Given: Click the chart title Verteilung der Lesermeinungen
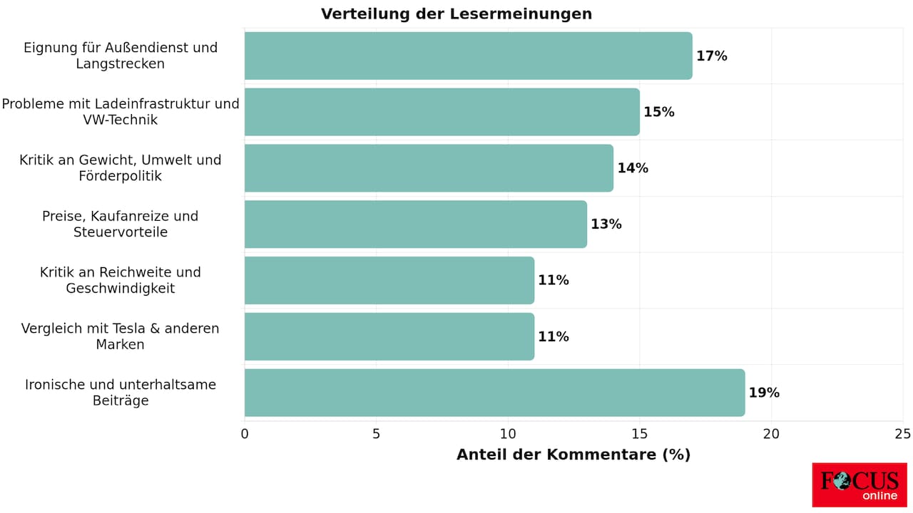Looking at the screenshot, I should pyautogui.click(x=456, y=14).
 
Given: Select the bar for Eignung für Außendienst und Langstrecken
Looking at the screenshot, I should pyautogui.click(x=468, y=56).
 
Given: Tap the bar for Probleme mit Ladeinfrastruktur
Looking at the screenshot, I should pyautogui.click(x=442, y=112).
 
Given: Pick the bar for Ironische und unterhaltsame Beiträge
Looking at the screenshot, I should pyautogui.click(x=494, y=393).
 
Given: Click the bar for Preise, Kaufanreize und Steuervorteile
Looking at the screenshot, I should pyautogui.click(x=415, y=224).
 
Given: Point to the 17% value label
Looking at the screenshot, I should pyautogui.click(x=712, y=56).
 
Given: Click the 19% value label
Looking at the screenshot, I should pyautogui.click(x=764, y=393).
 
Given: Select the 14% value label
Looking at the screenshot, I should pyautogui.click(x=633, y=169).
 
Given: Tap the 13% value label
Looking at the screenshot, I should pyautogui.click(x=606, y=224).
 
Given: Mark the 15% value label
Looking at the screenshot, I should pyautogui.click(x=659, y=113).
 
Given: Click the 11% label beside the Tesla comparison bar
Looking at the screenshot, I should pyautogui.click(x=554, y=337).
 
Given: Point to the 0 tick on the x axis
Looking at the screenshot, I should pyautogui.click(x=245, y=434).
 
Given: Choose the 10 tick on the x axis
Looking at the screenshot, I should pyautogui.click(x=508, y=434).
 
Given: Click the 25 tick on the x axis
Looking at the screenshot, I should pyautogui.click(x=903, y=434).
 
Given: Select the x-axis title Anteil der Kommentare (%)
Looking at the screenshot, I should pyautogui.click(x=573, y=455).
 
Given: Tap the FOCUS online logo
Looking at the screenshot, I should pyautogui.click(x=860, y=485).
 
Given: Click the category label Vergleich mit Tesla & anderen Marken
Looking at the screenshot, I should pyautogui.click(x=121, y=336).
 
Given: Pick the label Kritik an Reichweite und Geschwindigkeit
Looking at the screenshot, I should pyautogui.click(x=121, y=280).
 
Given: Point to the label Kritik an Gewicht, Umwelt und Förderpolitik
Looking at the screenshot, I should pyautogui.click(x=121, y=167).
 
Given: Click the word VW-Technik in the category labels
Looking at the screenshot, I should pyautogui.click(x=121, y=120).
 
